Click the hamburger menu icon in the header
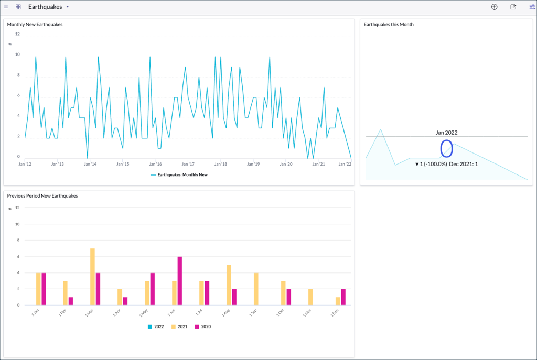(6, 7)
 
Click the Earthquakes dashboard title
(45, 7)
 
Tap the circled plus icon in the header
(494, 7)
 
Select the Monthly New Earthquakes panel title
(35, 25)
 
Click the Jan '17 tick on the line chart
(188, 164)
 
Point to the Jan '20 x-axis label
(286, 164)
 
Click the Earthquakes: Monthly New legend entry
(182, 174)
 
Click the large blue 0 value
(446, 148)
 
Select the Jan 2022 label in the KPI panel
(446, 133)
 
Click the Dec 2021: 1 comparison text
(463, 164)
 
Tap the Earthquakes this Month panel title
(389, 25)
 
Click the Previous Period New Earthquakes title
(42, 196)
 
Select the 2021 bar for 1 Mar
(92, 277)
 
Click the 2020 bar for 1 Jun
(180, 281)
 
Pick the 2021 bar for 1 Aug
(229, 285)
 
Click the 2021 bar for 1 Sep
(256, 289)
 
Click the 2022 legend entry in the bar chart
(156, 326)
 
